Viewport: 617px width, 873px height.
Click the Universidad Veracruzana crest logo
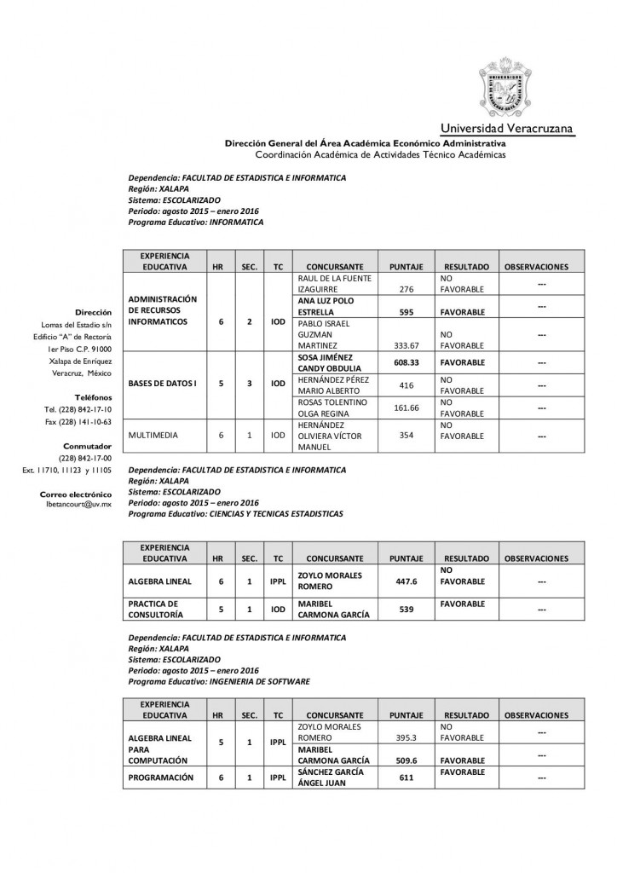511,88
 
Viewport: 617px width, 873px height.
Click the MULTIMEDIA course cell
153,435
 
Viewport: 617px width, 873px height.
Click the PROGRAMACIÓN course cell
160,778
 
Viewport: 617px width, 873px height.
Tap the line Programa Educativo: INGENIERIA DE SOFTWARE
218,682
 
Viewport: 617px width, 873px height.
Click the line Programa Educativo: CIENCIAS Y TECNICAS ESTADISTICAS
235,515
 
